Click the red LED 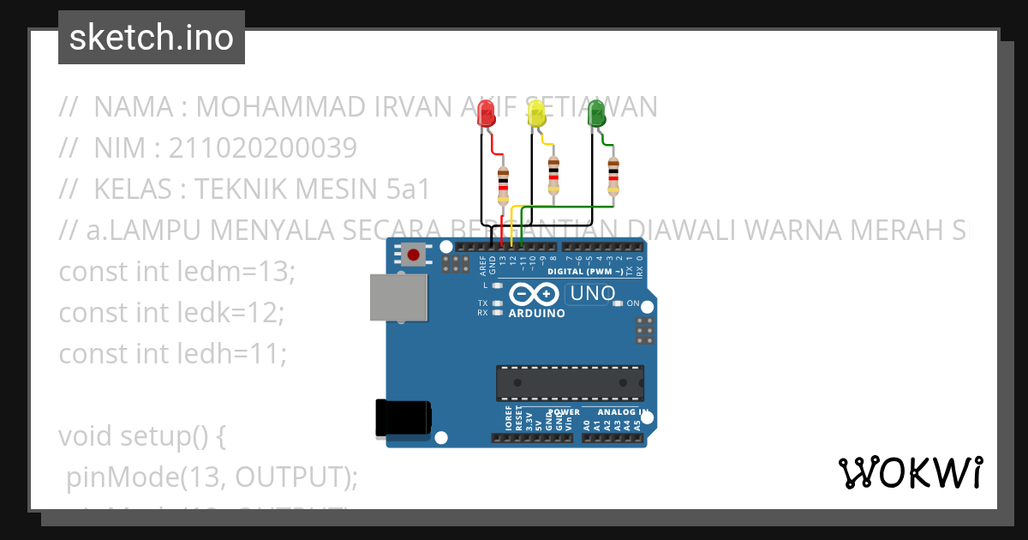coord(487,114)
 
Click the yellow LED coord(537,114)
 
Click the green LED coord(596,114)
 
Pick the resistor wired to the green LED coord(613,175)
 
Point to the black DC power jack coord(403,419)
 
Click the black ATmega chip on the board coord(570,382)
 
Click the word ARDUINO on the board coord(537,314)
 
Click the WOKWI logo coord(910,472)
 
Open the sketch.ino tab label coord(152,38)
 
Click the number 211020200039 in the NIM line coord(263,148)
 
